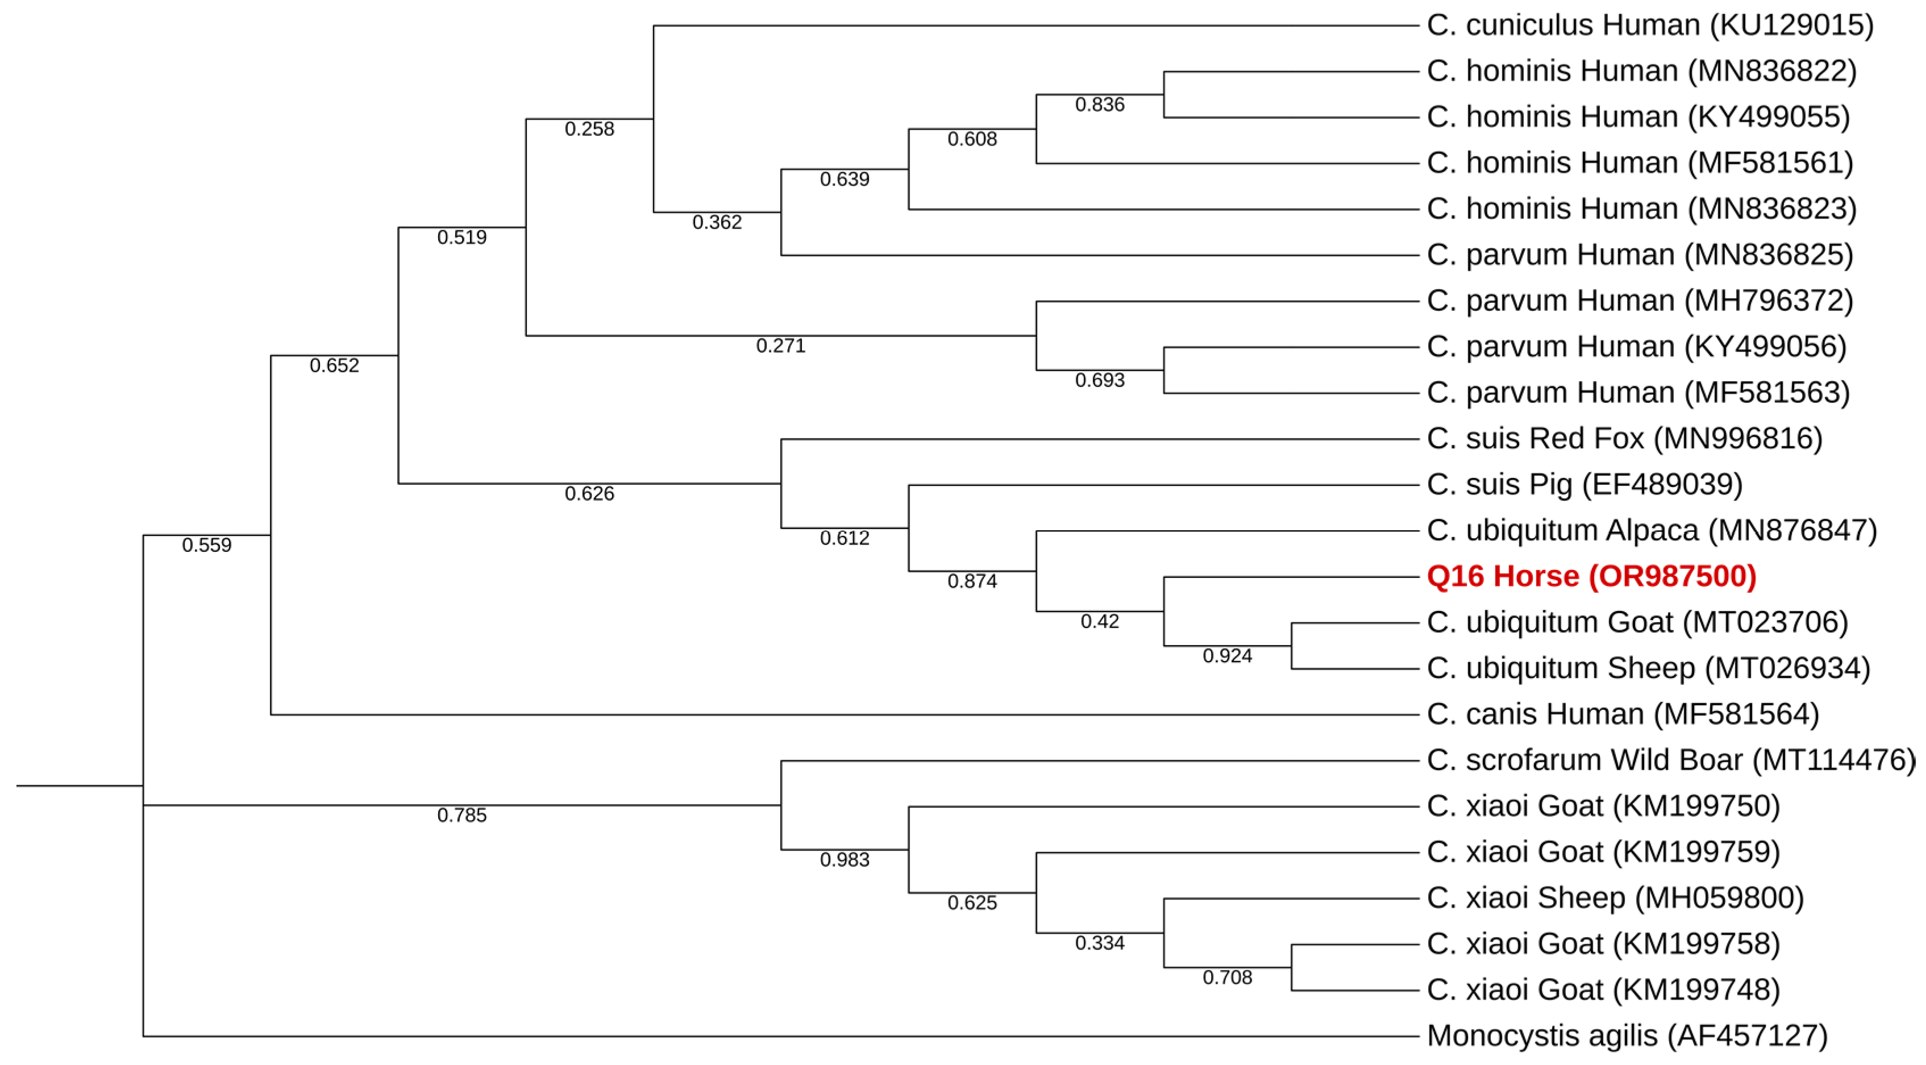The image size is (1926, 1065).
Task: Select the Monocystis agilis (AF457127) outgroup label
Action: [x=1627, y=1036]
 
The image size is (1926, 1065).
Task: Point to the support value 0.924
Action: [x=1227, y=656]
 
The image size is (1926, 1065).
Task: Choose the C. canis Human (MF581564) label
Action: [x=1623, y=714]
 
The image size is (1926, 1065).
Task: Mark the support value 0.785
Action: [x=461, y=815]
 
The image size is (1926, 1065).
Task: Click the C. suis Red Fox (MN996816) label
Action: [x=1624, y=439]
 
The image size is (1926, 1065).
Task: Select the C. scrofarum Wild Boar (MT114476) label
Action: [x=1671, y=760]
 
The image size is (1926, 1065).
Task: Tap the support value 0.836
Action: [x=1099, y=105]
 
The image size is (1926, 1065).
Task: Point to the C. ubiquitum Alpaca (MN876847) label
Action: [x=1652, y=531]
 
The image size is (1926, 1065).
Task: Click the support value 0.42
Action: [x=1099, y=622]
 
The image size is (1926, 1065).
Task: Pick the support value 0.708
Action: [x=1227, y=977]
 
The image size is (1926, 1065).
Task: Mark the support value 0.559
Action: [x=206, y=545]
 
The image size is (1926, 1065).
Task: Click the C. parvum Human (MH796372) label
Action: [x=1640, y=301]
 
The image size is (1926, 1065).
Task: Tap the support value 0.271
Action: [x=780, y=346]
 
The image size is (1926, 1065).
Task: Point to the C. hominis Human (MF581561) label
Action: [x=1640, y=163]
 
